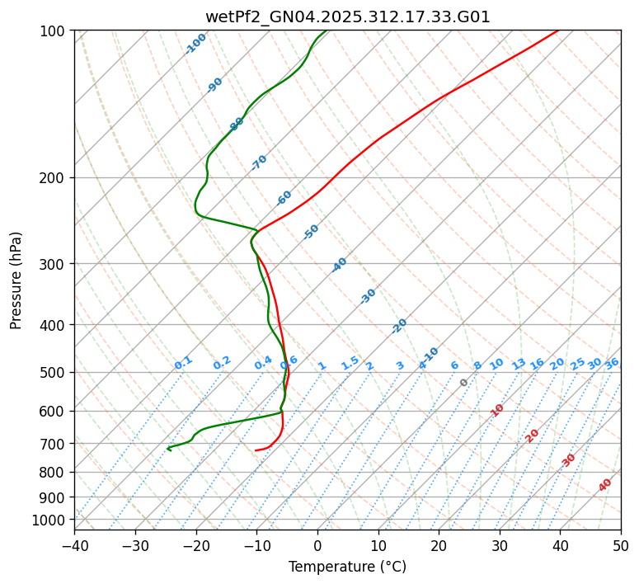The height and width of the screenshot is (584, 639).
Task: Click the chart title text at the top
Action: pos(347,17)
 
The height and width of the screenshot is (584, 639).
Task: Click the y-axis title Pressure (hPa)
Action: pos(16,280)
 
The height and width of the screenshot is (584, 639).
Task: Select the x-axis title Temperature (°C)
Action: pos(347,567)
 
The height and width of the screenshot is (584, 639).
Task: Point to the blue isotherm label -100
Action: pos(196,44)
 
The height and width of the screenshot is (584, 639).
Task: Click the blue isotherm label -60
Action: pos(284,198)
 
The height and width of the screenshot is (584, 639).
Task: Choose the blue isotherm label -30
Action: pos(368,296)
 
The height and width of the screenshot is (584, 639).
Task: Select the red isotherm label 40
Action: pos(605,485)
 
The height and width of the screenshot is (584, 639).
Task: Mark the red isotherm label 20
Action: pos(533,436)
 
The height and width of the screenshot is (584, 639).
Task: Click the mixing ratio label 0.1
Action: pos(183,363)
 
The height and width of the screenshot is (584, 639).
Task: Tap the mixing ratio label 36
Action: pos(612,363)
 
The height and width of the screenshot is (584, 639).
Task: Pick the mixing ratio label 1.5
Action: pos(350,363)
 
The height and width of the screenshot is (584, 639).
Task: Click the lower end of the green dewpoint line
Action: pos(168,449)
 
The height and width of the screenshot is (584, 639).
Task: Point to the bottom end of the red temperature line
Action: pos(256,450)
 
